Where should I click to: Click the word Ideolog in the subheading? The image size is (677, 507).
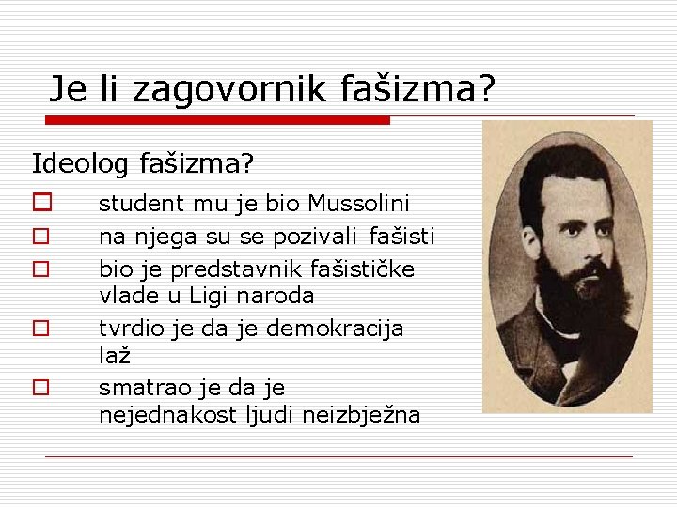click(81, 164)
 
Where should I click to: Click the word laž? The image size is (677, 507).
click(114, 357)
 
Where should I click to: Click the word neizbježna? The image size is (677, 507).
click(361, 416)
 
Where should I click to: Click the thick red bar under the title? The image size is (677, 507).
click(218, 120)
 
